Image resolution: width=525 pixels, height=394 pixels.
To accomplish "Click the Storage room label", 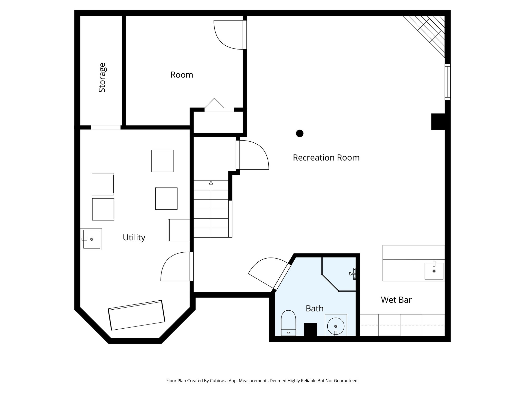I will pyautogui.click(x=102, y=77).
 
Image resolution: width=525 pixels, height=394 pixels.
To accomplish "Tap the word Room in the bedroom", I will pyautogui.click(x=181, y=75).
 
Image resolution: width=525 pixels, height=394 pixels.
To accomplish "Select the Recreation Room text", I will pyautogui.click(x=326, y=157).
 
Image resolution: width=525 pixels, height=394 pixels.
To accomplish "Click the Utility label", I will pyautogui.click(x=134, y=238).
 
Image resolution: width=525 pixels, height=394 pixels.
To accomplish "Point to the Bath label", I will pyautogui.click(x=315, y=308).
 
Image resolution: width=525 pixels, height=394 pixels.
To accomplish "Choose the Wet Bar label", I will pyautogui.click(x=396, y=300).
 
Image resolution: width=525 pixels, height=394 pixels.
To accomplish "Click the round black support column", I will pyautogui.click(x=300, y=133).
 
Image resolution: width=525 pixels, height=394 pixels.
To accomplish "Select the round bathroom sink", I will pyautogui.click(x=336, y=326).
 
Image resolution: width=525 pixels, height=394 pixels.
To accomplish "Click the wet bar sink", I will pyautogui.click(x=434, y=271).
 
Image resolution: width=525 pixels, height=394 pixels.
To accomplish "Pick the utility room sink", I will pyautogui.click(x=91, y=239).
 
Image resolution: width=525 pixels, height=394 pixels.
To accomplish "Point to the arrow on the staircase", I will pyautogui.click(x=211, y=183).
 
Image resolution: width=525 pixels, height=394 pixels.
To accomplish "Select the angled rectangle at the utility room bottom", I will pyautogui.click(x=137, y=315).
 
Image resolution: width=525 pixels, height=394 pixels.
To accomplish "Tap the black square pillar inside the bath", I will pyautogui.click(x=310, y=329).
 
